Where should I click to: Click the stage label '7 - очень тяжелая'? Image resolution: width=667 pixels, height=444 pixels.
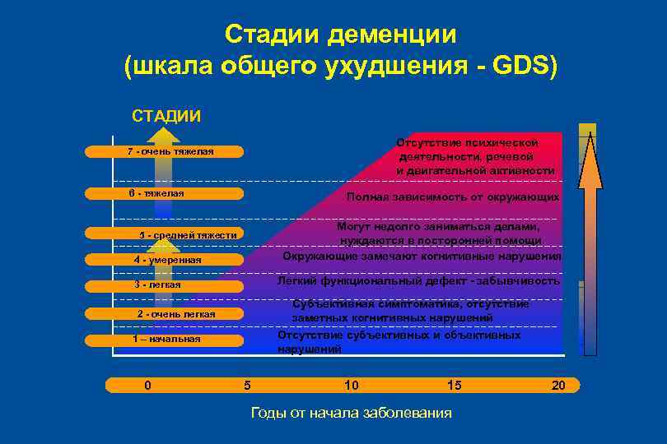click(170, 151)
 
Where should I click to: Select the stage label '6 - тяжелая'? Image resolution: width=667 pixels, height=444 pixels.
click(156, 193)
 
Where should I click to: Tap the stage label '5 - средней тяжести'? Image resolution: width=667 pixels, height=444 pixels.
click(188, 235)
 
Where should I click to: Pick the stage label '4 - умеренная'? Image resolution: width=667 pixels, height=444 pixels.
click(167, 260)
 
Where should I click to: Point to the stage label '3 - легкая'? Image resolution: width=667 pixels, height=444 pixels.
click(157, 284)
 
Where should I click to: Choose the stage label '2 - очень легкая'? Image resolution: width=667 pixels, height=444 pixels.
click(175, 314)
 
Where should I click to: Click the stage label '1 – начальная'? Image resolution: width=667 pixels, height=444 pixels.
click(166, 339)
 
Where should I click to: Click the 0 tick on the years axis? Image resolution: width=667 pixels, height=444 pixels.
click(147, 385)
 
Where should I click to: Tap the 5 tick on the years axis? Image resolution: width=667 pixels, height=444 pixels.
click(247, 385)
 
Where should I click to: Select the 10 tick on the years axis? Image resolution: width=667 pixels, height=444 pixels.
click(352, 385)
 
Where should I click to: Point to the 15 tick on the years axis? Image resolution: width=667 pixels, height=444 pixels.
click(455, 385)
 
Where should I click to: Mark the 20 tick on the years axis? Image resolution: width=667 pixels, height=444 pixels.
click(558, 385)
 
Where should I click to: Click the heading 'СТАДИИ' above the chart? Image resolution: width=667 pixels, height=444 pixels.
click(166, 114)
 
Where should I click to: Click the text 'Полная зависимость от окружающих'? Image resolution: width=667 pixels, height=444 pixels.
click(453, 197)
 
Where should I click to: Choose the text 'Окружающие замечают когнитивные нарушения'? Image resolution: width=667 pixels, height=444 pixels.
click(422, 256)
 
